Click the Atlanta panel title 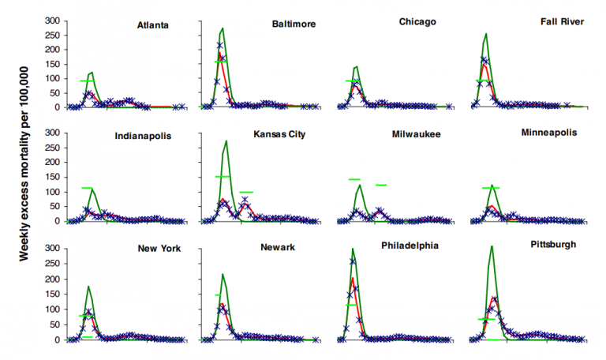153,25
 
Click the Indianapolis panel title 143,135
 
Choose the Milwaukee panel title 416,134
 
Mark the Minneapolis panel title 551,133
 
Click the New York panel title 159,249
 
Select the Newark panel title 277,249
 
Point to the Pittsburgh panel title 553,245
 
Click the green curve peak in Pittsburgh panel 492,246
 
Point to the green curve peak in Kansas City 226,141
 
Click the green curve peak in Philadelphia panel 353,249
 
